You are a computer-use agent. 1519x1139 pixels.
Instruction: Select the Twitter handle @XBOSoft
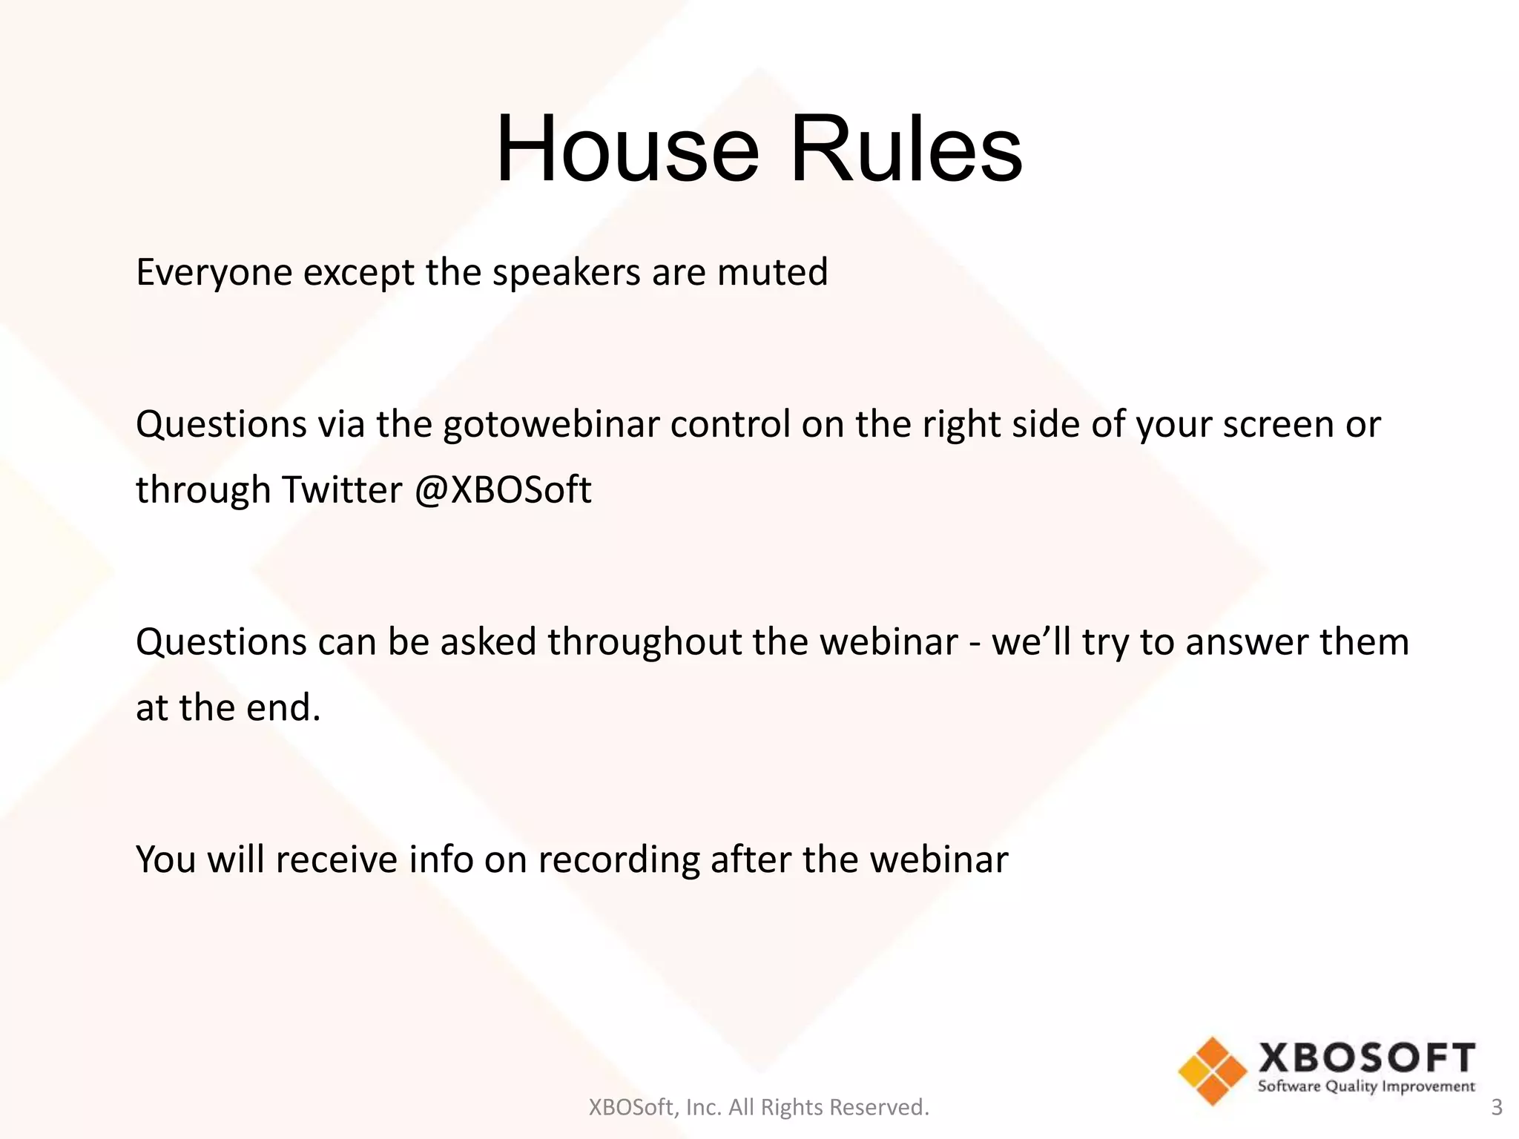[x=503, y=490]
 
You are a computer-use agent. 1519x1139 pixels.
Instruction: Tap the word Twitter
[x=341, y=490]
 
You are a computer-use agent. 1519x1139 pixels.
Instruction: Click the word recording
[x=619, y=860]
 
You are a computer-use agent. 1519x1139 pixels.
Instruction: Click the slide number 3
[x=1497, y=1107]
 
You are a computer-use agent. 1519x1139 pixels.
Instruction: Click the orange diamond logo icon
[x=1213, y=1071]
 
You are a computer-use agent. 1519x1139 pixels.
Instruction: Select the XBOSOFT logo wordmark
[x=1366, y=1057]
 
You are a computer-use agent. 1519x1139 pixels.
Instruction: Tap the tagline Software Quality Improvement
[x=1366, y=1086]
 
